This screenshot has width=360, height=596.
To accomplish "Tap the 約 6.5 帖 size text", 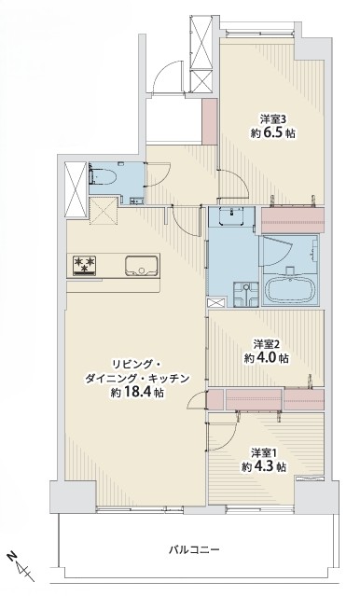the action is (273, 133).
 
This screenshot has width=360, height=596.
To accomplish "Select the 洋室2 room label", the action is (267, 344).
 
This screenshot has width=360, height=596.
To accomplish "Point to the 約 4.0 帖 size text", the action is (266, 358).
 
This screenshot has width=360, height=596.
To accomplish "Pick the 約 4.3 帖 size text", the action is (264, 466).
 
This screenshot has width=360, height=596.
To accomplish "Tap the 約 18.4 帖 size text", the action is (137, 393).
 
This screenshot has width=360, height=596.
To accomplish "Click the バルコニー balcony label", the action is (194, 549).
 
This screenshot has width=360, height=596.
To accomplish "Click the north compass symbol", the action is (21, 566).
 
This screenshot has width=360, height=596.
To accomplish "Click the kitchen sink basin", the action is (142, 265).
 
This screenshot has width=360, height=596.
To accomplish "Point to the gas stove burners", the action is (85, 265).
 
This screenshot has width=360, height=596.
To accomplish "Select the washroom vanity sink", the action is (231, 216).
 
